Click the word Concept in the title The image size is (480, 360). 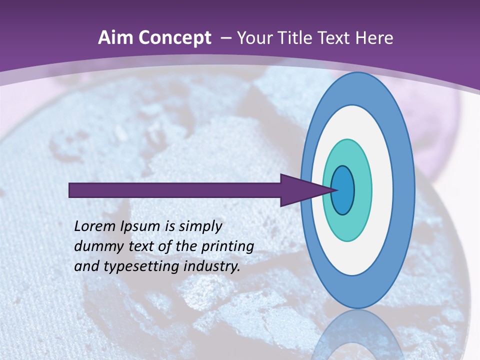175,38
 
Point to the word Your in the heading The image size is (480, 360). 254,38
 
